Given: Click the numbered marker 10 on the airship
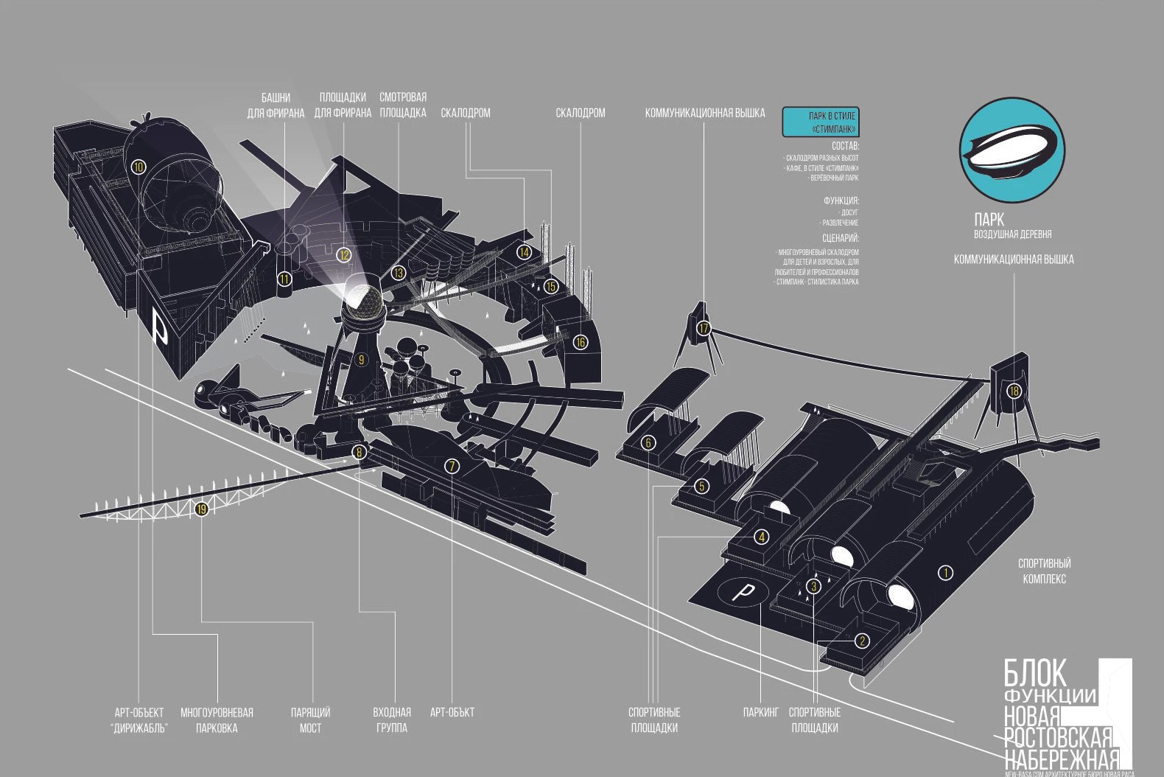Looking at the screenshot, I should (x=139, y=167).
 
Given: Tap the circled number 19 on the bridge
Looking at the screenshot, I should (x=201, y=508).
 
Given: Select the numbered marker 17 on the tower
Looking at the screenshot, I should (x=704, y=328).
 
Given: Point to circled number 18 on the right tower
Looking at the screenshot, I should (x=1014, y=391).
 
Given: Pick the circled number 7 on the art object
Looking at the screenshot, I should (x=452, y=465).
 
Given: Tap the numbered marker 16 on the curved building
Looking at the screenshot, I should (x=581, y=342).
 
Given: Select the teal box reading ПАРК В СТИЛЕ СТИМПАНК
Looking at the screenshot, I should (x=820, y=122).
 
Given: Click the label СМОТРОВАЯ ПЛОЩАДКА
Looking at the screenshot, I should (x=403, y=105).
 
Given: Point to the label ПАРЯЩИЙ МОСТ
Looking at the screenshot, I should (x=310, y=720).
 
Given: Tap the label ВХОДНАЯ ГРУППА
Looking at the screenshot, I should (x=391, y=720).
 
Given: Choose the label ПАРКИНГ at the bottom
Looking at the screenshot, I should (x=760, y=713).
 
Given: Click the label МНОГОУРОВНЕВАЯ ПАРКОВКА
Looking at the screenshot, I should (x=217, y=720).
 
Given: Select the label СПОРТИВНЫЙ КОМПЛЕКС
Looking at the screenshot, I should (x=1044, y=571).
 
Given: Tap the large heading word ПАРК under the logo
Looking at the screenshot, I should (x=989, y=220).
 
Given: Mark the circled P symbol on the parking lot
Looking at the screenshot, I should (x=746, y=591).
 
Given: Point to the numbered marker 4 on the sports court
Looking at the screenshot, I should (x=761, y=537).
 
